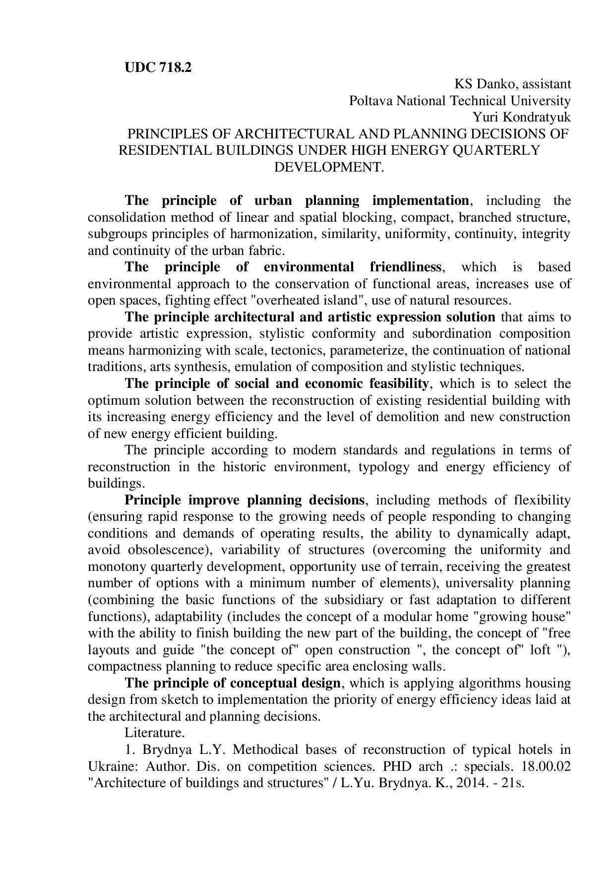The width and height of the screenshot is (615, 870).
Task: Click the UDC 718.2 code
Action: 158,68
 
